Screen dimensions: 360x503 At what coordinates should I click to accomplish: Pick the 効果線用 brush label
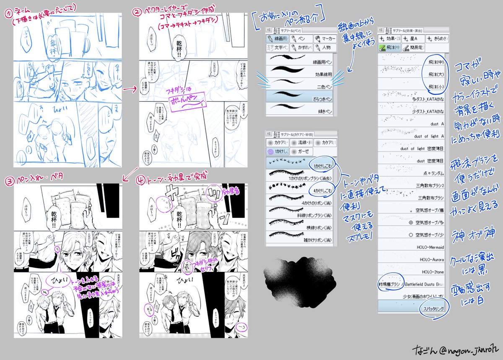pos(320,74)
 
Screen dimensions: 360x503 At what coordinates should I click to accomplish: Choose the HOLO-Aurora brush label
pos(431,260)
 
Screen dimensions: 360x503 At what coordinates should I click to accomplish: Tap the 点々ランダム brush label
pos(431,173)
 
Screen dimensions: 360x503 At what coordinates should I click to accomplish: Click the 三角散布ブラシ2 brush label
pos(428,185)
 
